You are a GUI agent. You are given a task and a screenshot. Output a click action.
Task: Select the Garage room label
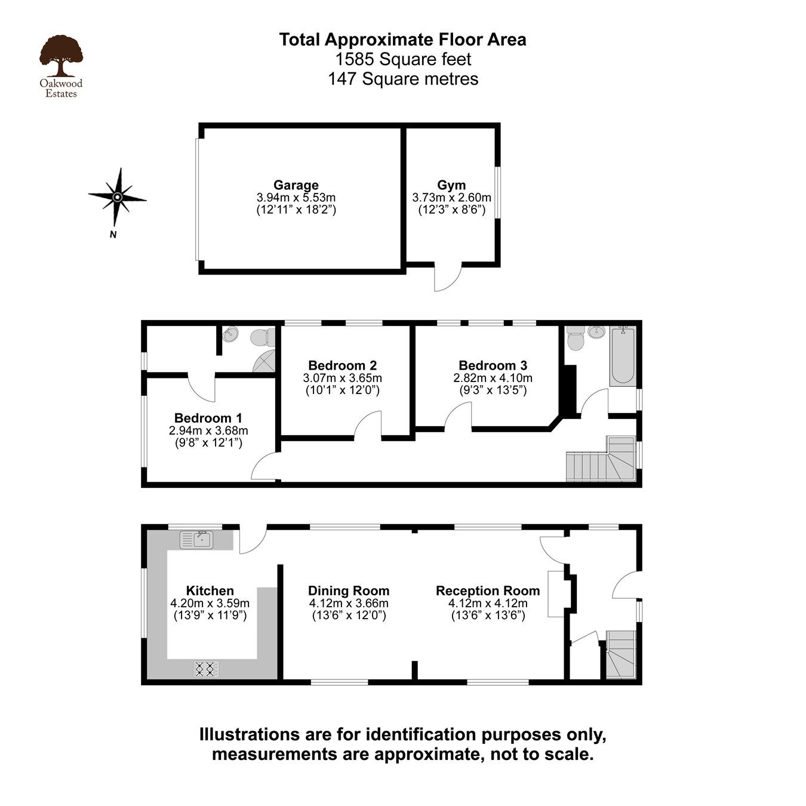(x=296, y=185)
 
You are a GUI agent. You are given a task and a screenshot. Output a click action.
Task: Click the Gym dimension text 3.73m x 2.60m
(x=451, y=198)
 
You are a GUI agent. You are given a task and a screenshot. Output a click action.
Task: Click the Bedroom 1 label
(x=208, y=418)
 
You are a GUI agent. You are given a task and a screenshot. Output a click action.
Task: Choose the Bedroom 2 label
(x=342, y=365)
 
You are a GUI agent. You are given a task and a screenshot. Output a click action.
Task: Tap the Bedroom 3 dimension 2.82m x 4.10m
(x=493, y=378)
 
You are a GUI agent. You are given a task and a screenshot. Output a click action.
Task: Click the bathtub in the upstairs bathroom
(x=623, y=356)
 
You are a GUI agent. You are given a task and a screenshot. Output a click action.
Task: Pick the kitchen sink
(x=196, y=540)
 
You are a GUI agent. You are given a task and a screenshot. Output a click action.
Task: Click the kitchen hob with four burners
(x=206, y=669)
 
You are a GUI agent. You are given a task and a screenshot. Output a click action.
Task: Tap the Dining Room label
(x=349, y=590)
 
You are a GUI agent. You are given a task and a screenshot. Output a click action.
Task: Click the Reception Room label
(x=488, y=590)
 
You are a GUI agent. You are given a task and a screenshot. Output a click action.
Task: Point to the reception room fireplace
(x=556, y=593)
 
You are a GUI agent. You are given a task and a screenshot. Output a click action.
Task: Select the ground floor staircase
(x=621, y=654)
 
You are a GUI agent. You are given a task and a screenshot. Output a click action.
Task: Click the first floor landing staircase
(x=601, y=459)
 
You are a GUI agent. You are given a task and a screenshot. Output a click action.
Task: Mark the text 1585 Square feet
(x=403, y=59)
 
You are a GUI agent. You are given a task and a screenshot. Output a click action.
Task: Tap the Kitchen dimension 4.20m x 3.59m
(x=210, y=603)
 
